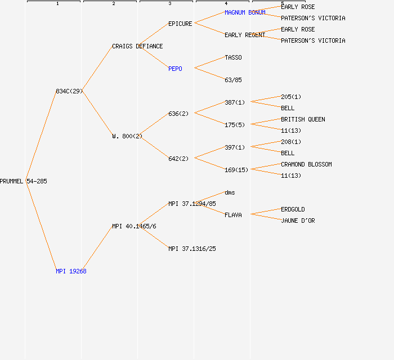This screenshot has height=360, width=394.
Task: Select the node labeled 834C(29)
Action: [69, 91]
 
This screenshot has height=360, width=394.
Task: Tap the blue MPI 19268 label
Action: [71, 271]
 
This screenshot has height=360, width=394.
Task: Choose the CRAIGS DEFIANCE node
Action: [137, 46]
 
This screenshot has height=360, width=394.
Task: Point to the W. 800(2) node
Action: [127, 136]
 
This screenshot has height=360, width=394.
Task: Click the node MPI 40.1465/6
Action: [134, 226]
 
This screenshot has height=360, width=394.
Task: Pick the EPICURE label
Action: [180, 24]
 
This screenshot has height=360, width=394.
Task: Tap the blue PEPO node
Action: [175, 69]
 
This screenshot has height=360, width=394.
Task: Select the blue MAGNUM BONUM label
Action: [245, 12]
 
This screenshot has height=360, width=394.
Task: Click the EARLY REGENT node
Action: [245, 35]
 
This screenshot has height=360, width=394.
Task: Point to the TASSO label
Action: [233, 57]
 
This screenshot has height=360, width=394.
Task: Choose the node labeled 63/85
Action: [233, 80]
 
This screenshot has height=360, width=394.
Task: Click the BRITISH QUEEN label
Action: [303, 119]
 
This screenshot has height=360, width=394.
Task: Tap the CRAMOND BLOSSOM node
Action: [306, 164]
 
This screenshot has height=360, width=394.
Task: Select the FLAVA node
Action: [233, 215]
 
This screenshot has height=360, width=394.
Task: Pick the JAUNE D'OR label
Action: [298, 220]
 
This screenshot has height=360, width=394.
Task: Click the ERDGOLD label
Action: [293, 209]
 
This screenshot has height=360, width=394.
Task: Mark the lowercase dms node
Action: [230, 192]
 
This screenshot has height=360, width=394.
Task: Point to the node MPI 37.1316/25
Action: [192, 249]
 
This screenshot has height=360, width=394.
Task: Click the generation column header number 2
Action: [114, 4]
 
